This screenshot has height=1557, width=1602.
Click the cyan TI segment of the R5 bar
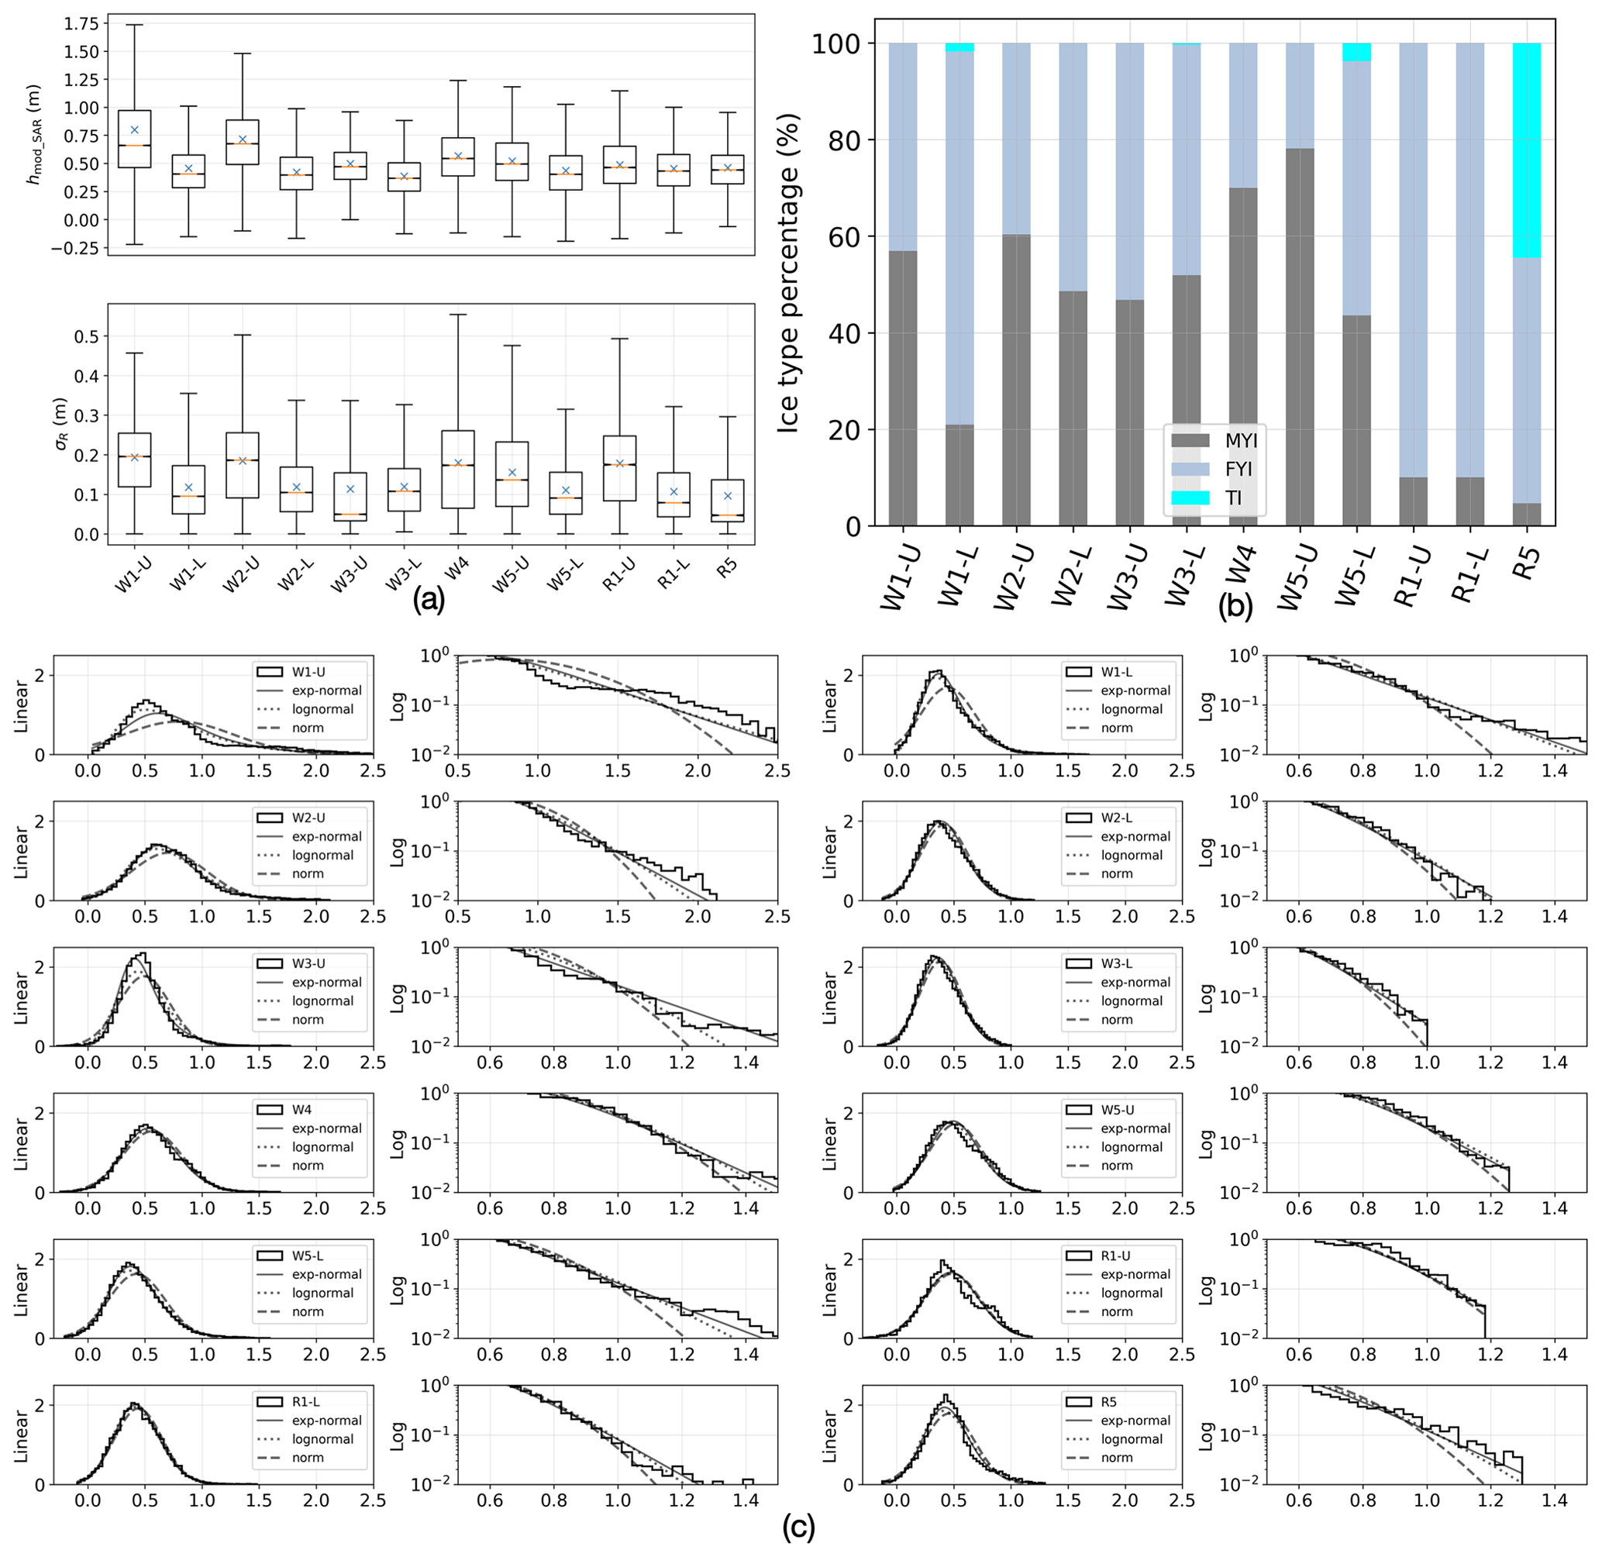[x=1526, y=150]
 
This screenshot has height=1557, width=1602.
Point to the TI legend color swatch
[x=1190, y=498]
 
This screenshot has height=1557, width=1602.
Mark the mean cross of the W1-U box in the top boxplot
[x=135, y=130]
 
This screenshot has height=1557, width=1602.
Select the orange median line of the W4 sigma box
[x=458, y=465]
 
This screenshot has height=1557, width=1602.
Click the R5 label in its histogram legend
[x=1108, y=1402]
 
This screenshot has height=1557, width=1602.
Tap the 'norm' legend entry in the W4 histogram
[x=308, y=1166]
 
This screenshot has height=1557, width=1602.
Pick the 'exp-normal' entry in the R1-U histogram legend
[x=1135, y=1274]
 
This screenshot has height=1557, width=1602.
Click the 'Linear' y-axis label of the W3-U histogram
[x=21, y=997]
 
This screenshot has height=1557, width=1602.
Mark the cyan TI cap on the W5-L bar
[x=1356, y=53]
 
